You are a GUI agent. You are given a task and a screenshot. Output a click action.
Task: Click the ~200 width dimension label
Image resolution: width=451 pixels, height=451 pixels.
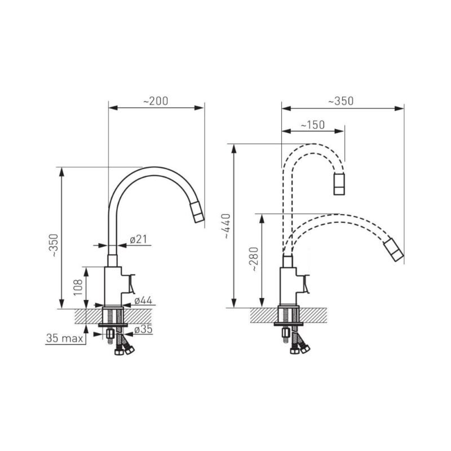click(x=156, y=101)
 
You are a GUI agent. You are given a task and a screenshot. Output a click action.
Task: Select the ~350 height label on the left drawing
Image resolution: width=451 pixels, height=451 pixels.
click(x=54, y=245)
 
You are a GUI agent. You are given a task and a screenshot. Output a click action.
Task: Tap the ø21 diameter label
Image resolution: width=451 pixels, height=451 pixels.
click(x=138, y=239)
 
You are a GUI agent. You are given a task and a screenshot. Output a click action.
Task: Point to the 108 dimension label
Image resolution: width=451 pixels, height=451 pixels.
click(x=78, y=287)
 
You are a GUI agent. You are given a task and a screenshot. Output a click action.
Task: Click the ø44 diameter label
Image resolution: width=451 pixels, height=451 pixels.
click(x=143, y=300)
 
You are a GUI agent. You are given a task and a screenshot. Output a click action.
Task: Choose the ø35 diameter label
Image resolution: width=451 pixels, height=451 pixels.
click(x=143, y=329)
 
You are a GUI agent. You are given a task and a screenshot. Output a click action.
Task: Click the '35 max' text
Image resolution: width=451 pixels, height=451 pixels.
click(x=64, y=338)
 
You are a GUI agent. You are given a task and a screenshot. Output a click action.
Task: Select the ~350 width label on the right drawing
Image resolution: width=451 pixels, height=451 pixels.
click(x=341, y=101)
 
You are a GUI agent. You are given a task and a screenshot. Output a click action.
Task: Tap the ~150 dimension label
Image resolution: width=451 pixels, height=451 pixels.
click(x=313, y=125)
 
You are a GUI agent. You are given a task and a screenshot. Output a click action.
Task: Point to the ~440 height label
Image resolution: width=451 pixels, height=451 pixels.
click(x=227, y=226)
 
